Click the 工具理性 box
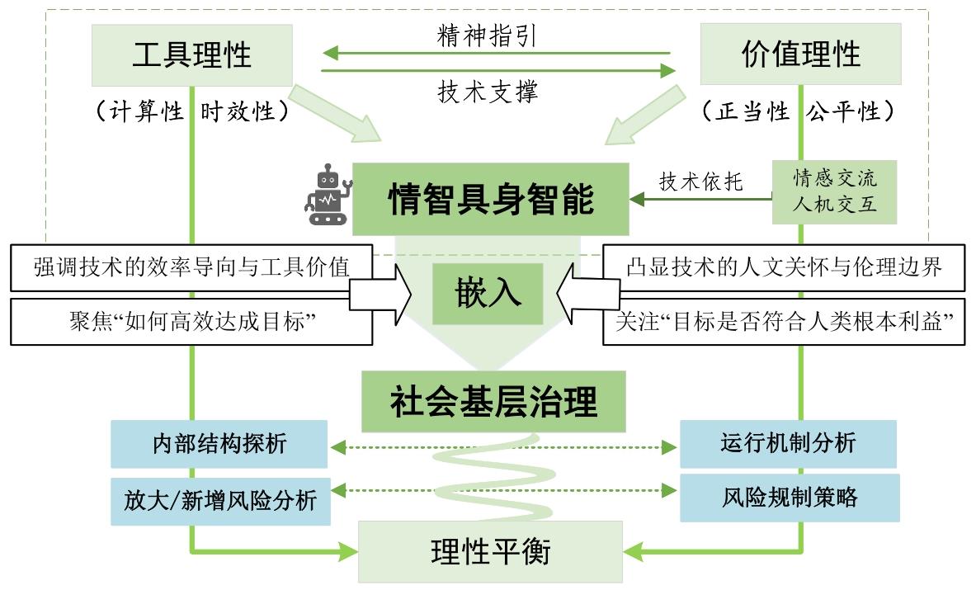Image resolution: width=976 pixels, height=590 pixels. point(191,55)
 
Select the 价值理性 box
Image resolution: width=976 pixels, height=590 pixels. point(799,54)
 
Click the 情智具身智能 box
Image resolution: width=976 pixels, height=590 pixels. point(490,199)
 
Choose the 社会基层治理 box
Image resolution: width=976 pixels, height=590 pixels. point(493,403)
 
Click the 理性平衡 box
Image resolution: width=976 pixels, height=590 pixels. point(490,551)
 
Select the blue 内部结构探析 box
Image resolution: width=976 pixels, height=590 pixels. point(219,444)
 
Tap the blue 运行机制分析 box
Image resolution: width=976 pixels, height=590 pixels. point(787,443)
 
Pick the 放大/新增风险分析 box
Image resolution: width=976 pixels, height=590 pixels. point(220,499)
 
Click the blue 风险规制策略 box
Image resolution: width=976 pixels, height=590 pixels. point(789,497)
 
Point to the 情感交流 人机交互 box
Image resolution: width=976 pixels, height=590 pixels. point(834,191)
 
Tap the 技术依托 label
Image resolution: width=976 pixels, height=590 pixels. point(700,182)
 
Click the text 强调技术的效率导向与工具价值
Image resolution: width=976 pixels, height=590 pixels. point(191,267)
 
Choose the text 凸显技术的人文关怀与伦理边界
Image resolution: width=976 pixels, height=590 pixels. point(784,267)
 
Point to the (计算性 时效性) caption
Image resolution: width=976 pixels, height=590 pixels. point(192,111)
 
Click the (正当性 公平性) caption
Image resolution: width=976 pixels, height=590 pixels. point(799,111)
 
